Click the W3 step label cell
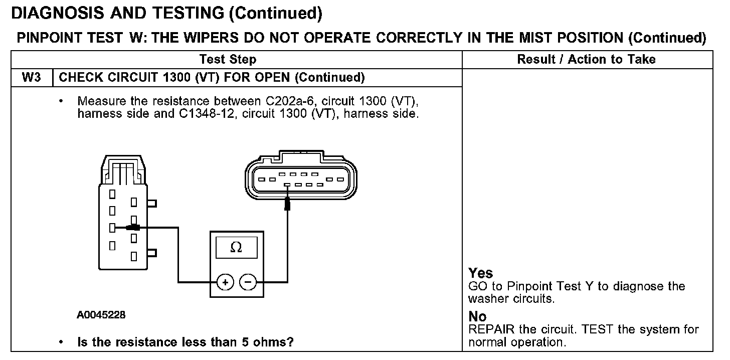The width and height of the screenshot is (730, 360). point(31,78)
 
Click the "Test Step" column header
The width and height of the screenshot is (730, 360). point(228,60)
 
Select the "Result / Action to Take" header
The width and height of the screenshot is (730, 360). point(586,60)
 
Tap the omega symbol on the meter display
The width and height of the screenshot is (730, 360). point(236,248)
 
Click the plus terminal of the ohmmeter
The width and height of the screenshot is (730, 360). point(225,282)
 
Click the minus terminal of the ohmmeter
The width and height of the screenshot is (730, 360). point(248,282)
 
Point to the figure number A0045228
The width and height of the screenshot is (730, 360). point(101,315)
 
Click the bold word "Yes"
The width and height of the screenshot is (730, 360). point(480,273)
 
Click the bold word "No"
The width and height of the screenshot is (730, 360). point(477,317)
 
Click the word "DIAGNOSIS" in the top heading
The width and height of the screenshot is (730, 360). point(58,14)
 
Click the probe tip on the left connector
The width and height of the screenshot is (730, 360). point(132,228)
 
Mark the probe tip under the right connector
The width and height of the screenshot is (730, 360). point(287,203)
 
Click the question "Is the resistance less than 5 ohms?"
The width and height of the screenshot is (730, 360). point(185,342)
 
